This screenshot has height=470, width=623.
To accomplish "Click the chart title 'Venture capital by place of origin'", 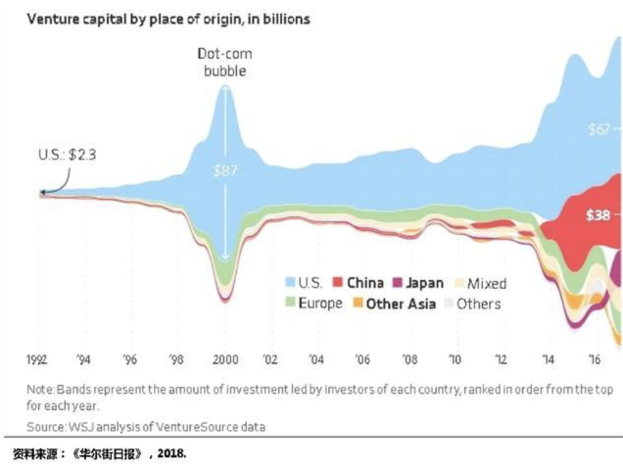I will [168, 19].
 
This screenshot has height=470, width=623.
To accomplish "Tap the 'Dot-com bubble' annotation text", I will [225, 62].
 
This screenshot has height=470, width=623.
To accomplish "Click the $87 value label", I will [225, 171].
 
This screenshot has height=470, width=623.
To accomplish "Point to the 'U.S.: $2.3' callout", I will [67, 155].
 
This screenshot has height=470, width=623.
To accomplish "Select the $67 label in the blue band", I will [599, 130].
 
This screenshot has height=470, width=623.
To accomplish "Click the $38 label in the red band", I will [598, 215].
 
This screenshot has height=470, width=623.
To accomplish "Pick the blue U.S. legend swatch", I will [290, 282].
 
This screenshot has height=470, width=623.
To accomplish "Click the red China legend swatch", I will [338, 282].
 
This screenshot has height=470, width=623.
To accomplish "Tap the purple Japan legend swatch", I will [397, 282].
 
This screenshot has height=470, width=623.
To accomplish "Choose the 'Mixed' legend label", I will [486, 283].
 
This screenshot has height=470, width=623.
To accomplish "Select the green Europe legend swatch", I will [290, 303].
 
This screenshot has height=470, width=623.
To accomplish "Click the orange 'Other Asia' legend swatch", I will [358, 303].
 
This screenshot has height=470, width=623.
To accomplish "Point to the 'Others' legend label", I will [478, 304].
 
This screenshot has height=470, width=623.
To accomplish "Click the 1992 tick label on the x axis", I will [37, 360].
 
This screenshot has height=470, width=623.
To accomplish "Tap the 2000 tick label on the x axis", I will [225, 360].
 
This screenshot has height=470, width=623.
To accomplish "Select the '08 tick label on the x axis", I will [409, 360].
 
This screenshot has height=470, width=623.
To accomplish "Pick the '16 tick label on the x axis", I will [594, 360].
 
